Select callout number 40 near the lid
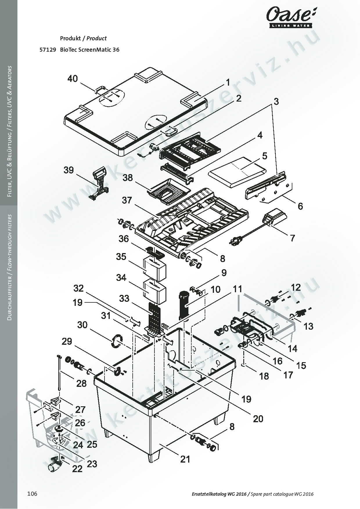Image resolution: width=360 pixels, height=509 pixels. click(73, 78)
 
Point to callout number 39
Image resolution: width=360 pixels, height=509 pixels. click(69, 170)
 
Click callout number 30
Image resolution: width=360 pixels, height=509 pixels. click(82, 325)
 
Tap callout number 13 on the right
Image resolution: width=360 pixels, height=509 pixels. click(308, 326)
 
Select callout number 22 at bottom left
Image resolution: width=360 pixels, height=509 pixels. click(77, 469)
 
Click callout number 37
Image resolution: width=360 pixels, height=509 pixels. click(127, 200)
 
